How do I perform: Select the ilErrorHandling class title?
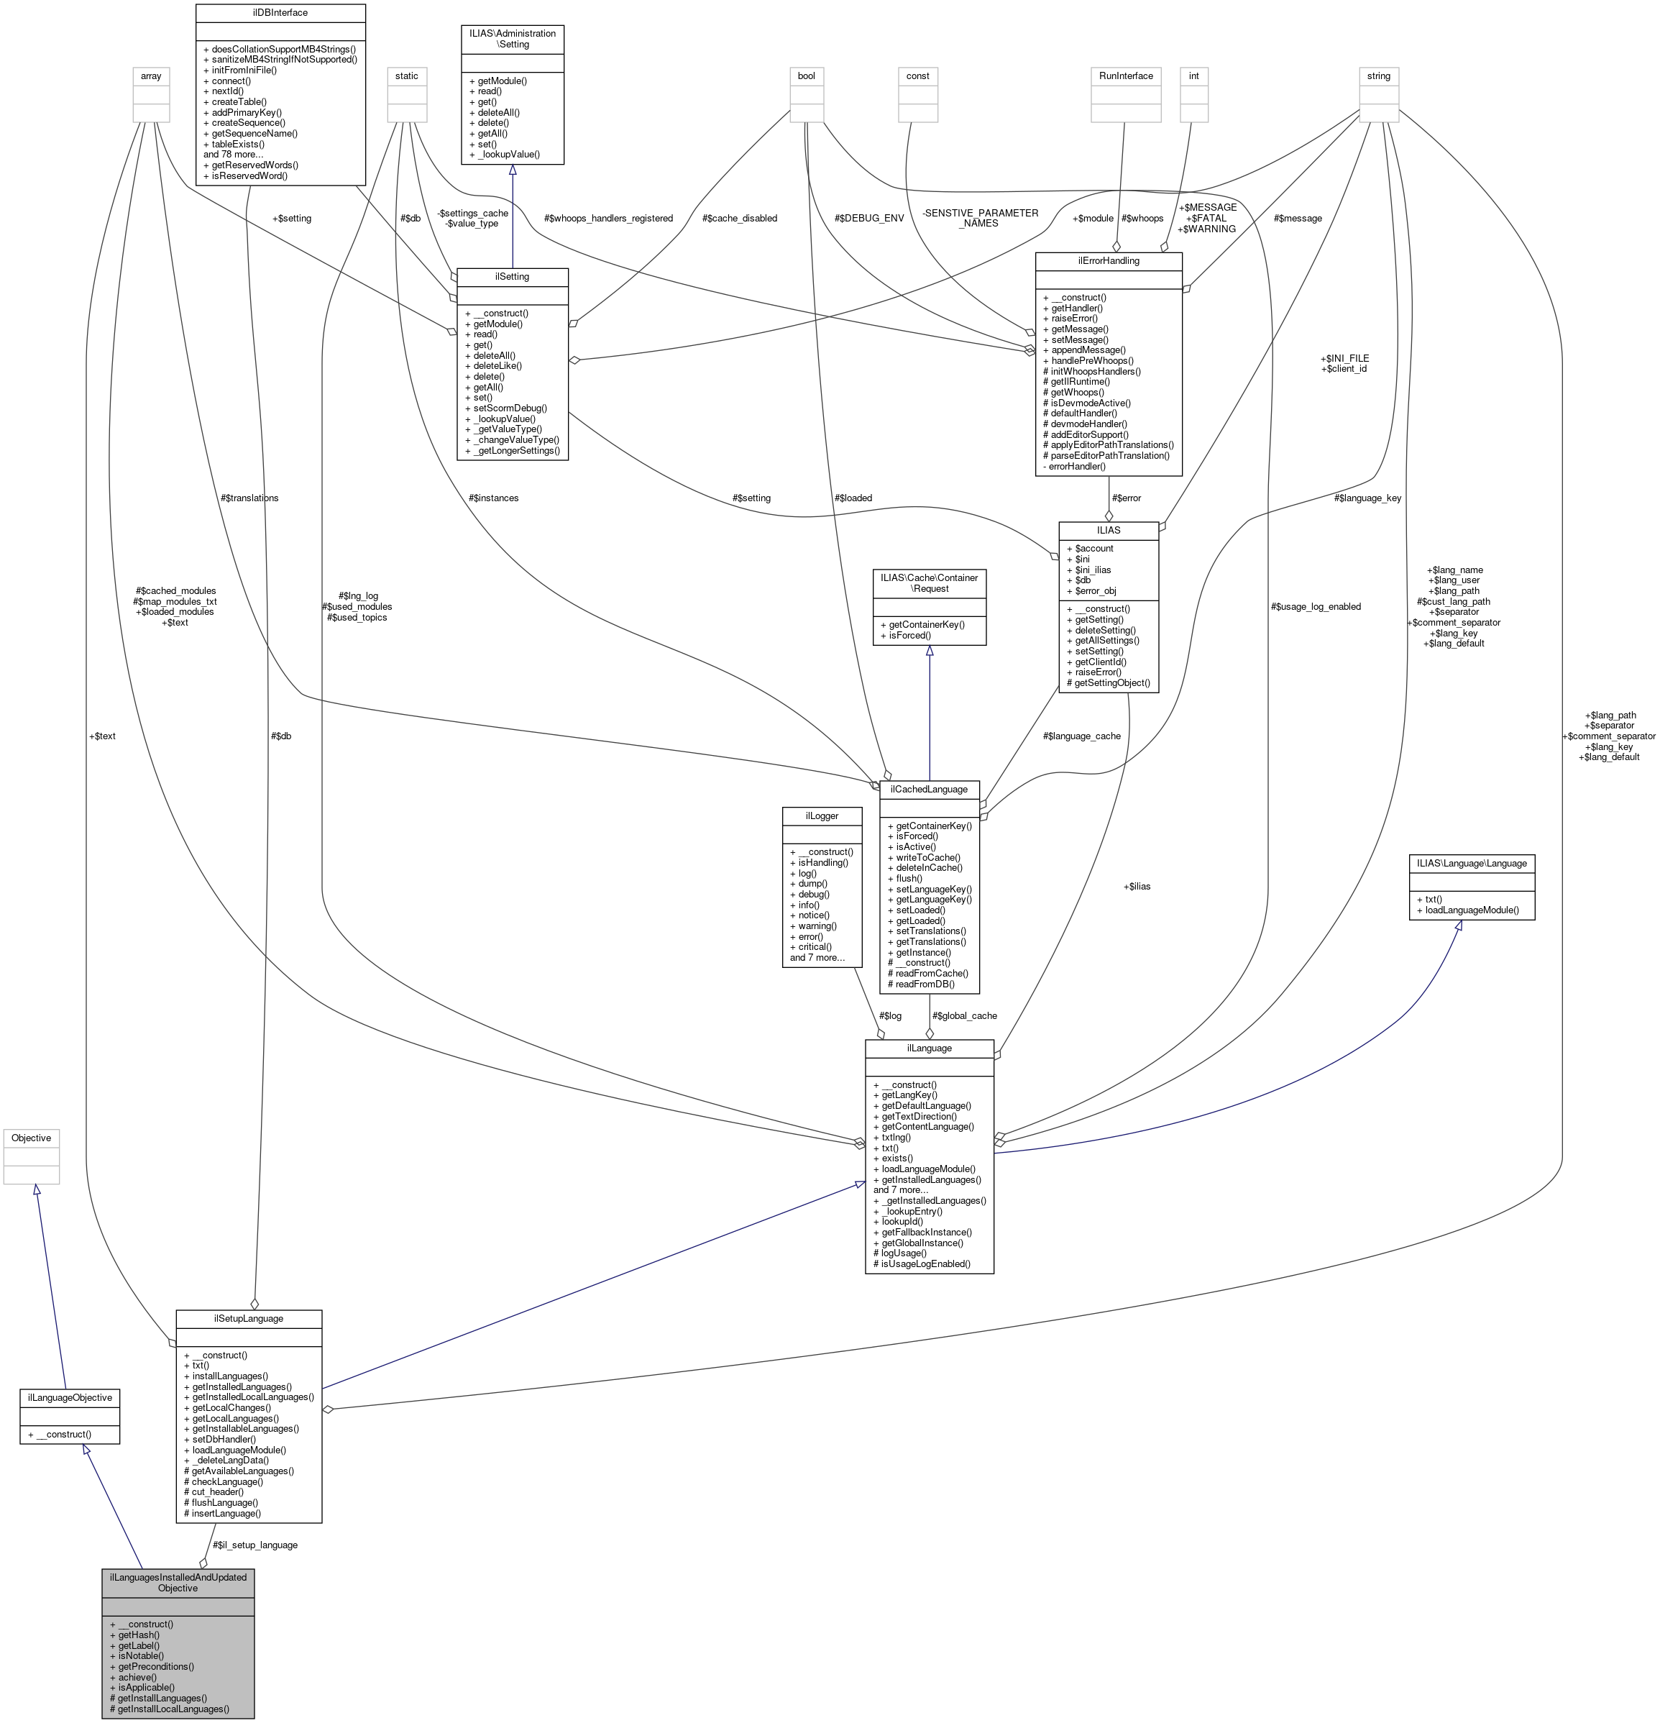click(1108, 261)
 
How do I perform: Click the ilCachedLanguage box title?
click(929, 789)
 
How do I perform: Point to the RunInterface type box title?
click(1126, 76)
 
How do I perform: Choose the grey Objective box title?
click(31, 1138)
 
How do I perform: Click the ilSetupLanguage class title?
click(249, 1319)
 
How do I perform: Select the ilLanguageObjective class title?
click(70, 1397)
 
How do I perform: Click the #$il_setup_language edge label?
click(254, 1545)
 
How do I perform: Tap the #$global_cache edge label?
click(964, 1015)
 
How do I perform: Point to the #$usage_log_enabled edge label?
click(1316, 606)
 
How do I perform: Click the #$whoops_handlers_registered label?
click(608, 218)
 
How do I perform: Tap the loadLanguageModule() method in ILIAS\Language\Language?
click(1471, 910)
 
